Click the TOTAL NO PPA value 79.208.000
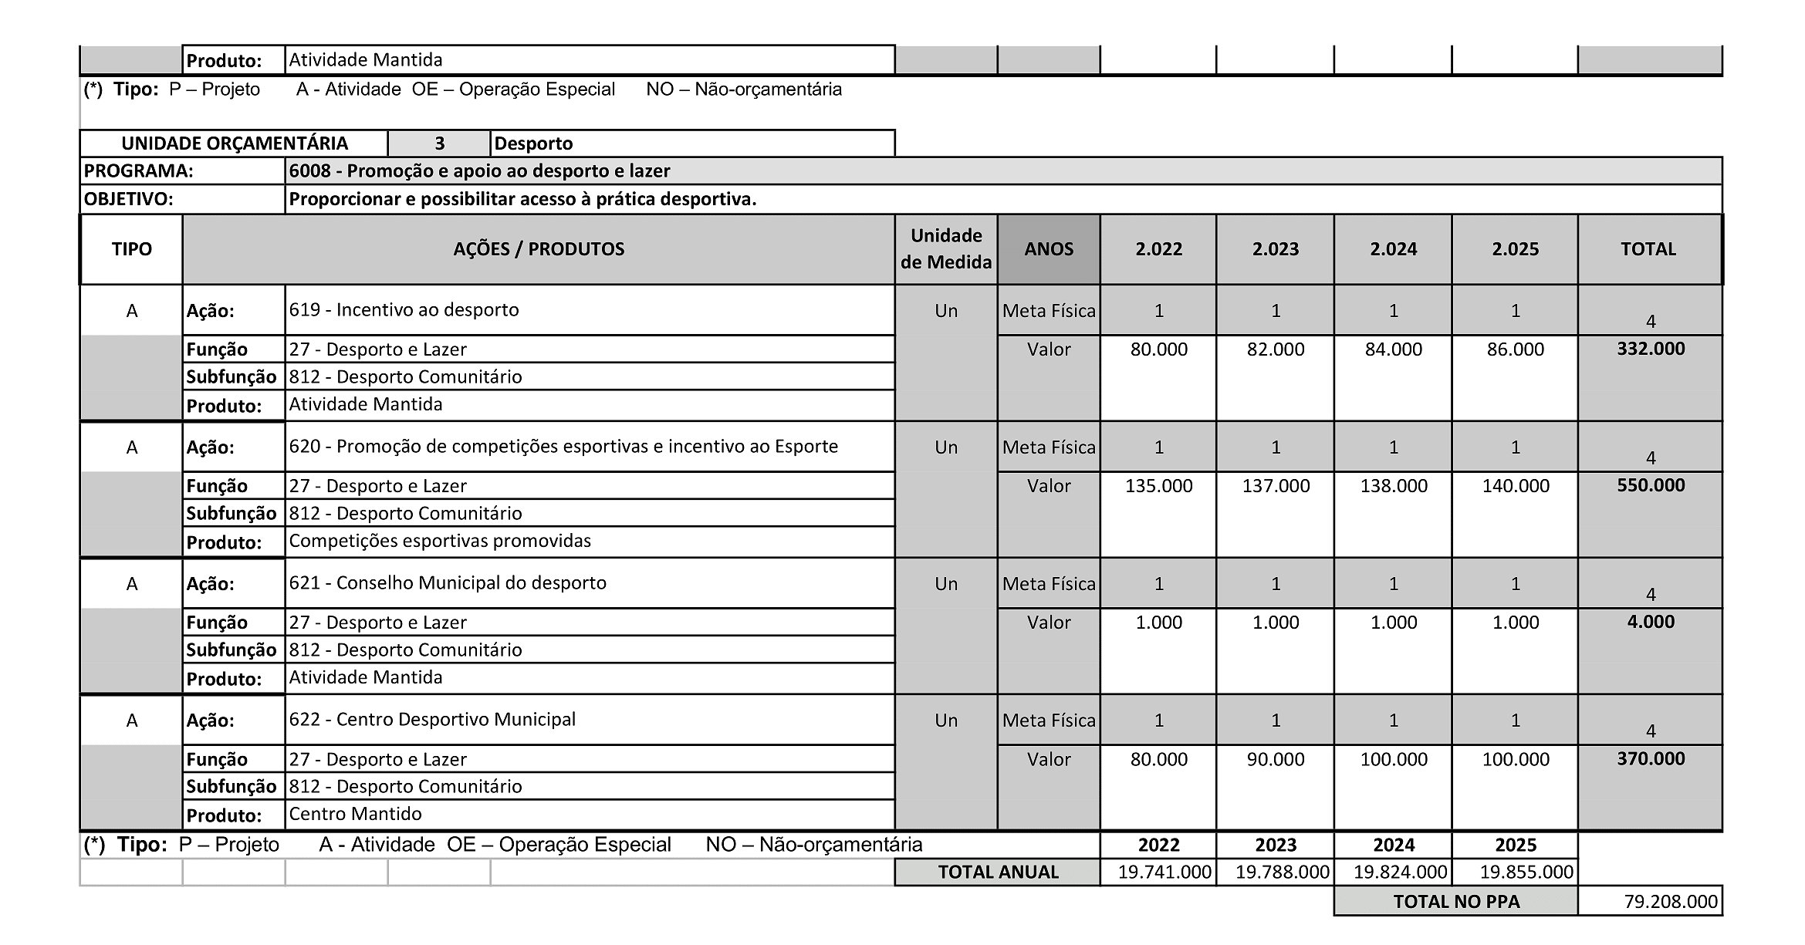coord(1670,901)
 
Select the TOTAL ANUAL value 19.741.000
coord(1164,872)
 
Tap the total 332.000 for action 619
coord(1650,349)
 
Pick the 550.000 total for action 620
coord(1650,485)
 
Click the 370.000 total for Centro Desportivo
coord(1650,758)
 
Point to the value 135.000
coord(1158,486)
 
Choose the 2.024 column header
coord(1393,249)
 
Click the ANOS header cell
coord(1048,249)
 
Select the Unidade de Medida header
coord(945,248)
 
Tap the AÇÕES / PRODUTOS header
coord(539,249)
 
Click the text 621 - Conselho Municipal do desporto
coord(448,582)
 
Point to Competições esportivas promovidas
coord(440,541)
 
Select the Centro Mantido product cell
coord(355,814)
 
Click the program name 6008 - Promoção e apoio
coord(479,170)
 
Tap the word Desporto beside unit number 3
coord(533,143)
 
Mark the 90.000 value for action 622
coord(1275,759)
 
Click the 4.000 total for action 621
coord(1650,622)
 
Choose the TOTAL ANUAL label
coord(997,872)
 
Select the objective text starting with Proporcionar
coord(522,199)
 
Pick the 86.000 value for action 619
coord(1515,349)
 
